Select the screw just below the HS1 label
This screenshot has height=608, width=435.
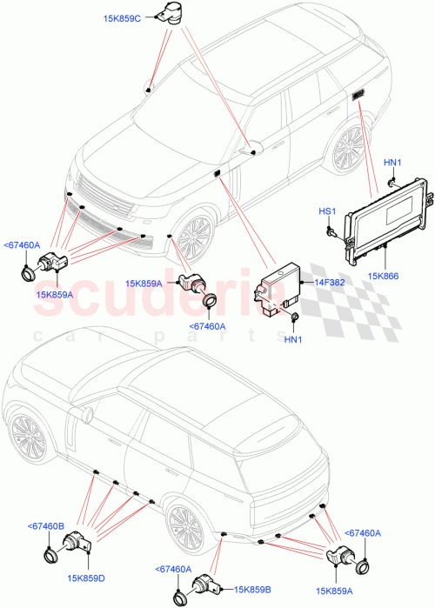click(331, 230)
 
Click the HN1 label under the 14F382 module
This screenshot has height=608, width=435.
click(293, 338)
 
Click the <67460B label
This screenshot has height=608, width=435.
click(46, 527)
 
